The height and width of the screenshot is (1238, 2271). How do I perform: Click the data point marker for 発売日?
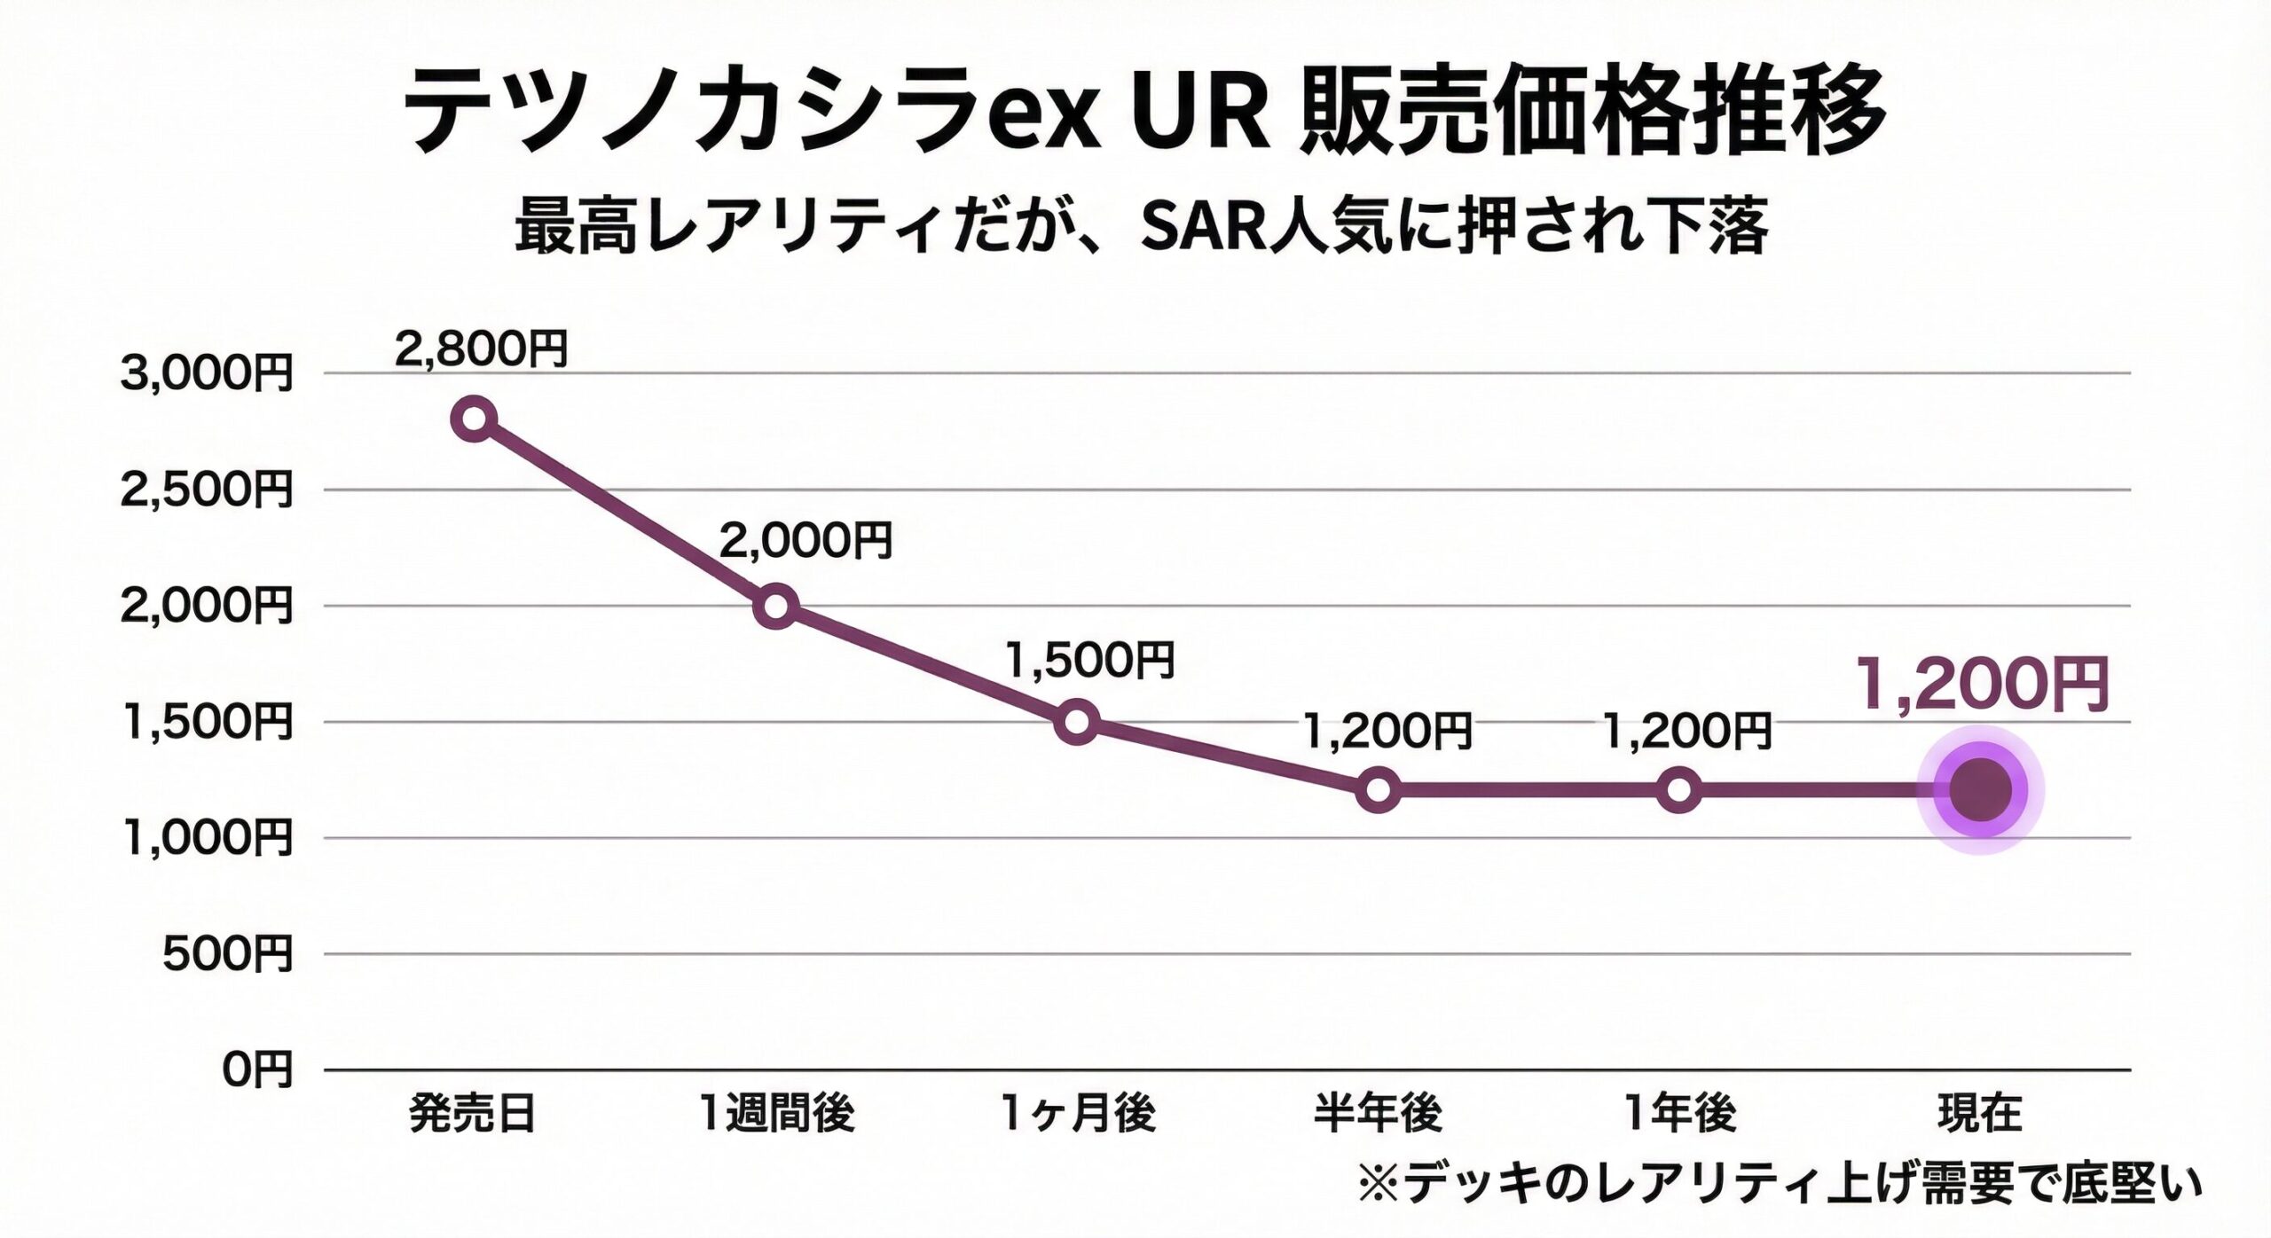coord(474,419)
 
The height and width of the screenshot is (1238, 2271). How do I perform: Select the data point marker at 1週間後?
coord(775,606)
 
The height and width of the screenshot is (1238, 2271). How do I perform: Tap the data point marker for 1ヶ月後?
coord(1077,722)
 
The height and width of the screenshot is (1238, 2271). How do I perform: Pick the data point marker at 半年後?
coord(1378,789)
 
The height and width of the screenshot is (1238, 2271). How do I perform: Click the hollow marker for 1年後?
coord(1679,789)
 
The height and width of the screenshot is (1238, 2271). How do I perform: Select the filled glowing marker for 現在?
coord(1981,789)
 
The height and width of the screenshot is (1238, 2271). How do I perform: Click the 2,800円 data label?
coord(480,349)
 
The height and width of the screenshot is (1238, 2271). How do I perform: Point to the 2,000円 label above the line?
coord(805,540)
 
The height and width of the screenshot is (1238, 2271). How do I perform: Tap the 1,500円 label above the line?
coord(1089,660)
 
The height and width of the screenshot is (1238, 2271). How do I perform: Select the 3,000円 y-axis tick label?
coord(206,374)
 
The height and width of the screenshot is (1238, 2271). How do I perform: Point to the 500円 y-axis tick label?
coord(227,955)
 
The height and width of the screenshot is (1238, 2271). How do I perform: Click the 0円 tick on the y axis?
coord(256,1071)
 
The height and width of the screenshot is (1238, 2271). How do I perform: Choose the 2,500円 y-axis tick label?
coord(206,490)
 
